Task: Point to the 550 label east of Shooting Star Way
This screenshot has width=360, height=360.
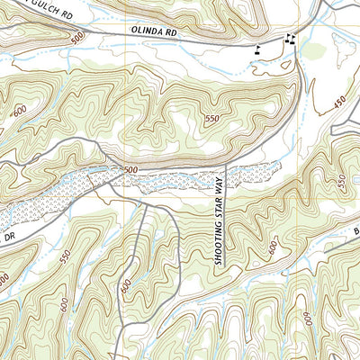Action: tap(341, 181)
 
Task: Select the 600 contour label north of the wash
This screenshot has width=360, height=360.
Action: tap(21, 111)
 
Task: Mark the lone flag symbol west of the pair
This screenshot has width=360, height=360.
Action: tap(259, 49)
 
